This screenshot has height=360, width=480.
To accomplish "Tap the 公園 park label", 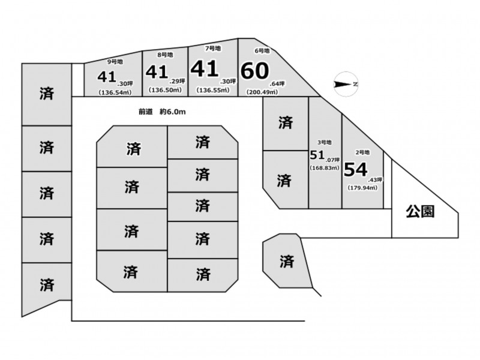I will [420, 211].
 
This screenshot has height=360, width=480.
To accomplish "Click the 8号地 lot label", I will [165, 55].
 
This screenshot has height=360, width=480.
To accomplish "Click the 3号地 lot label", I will [324, 142].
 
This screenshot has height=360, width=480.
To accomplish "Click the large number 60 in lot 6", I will [254, 71].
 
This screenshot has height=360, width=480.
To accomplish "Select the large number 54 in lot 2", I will [355, 170].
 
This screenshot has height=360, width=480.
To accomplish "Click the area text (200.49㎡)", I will [263, 92].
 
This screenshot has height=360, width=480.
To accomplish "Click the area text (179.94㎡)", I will [363, 188].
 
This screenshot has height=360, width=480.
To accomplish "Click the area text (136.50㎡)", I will [164, 90].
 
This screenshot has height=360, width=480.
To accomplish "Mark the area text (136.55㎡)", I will [213, 90].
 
